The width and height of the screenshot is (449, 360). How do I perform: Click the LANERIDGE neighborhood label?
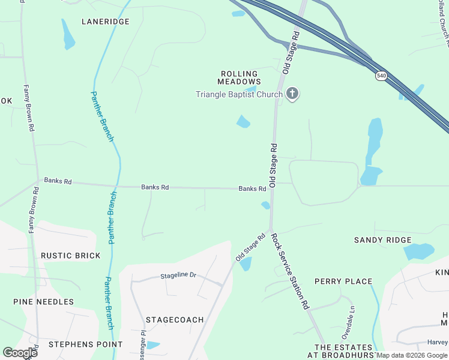click(106, 22)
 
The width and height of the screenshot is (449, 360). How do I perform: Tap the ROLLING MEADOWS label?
click(239, 77)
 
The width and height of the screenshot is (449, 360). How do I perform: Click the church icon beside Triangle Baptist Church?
click(292, 94)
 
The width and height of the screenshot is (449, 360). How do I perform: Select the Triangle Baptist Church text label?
click(239, 94)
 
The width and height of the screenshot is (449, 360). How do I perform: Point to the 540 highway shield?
click(382, 76)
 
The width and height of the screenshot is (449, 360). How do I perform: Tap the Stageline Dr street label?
click(178, 275)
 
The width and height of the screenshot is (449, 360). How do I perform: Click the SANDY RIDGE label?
click(383, 240)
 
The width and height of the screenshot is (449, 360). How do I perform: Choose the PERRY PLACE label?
click(343, 281)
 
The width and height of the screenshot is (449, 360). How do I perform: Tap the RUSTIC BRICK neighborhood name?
click(71, 256)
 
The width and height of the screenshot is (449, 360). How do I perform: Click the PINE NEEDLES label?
click(44, 302)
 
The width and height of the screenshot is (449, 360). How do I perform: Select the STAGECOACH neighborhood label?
click(175, 320)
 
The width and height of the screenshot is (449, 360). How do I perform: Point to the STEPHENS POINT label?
click(85, 344)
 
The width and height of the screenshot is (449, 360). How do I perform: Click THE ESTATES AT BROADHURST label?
click(344, 352)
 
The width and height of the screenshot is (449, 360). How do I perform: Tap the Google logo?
click(20, 353)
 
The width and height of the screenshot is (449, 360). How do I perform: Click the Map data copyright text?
click(412, 355)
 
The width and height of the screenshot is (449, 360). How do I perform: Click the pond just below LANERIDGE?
click(68, 34)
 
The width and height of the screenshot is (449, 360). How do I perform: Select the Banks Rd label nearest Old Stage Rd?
click(252, 188)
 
